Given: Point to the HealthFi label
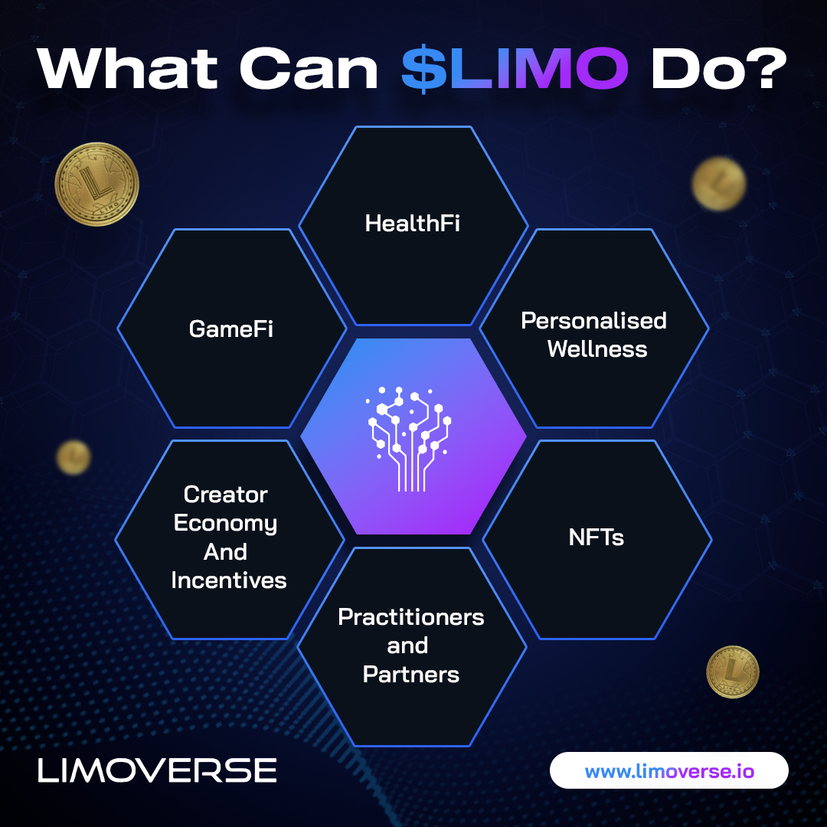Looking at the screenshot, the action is (x=413, y=224).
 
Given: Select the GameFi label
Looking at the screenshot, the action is (x=231, y=329).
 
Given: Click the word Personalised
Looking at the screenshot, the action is (x=594, y=320).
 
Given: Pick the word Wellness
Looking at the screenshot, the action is (x=597, y=349).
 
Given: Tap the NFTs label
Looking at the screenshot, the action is (x=597, y=538).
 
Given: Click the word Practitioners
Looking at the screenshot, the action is (x=411, y=617).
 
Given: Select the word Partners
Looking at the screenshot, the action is (x=411, y=675).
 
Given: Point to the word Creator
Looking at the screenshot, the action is (x=226, y=495).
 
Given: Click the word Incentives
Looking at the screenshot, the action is (x=229, y=580).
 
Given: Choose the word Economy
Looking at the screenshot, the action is (x=225, y=524).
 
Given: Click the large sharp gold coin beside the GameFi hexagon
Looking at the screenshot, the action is (x=96, y=185).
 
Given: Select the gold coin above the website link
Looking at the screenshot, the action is (x=732, y=672).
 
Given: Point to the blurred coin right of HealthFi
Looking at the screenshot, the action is (x=718, y=184).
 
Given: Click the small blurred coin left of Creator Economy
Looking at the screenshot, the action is (x=74, y=457).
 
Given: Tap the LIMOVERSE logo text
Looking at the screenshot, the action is (x=157, y=770).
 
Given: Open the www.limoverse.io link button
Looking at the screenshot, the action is (x=669, y=771).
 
